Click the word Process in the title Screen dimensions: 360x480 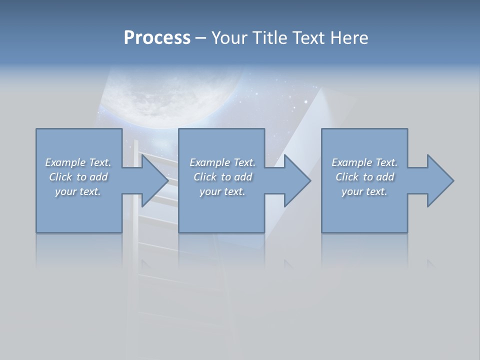point(157,38)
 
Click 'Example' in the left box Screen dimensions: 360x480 point(65,162)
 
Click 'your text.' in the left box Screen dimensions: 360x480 point(78,191)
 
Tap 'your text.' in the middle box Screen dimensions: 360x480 point(222,191)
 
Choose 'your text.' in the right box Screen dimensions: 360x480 point(364,191)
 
